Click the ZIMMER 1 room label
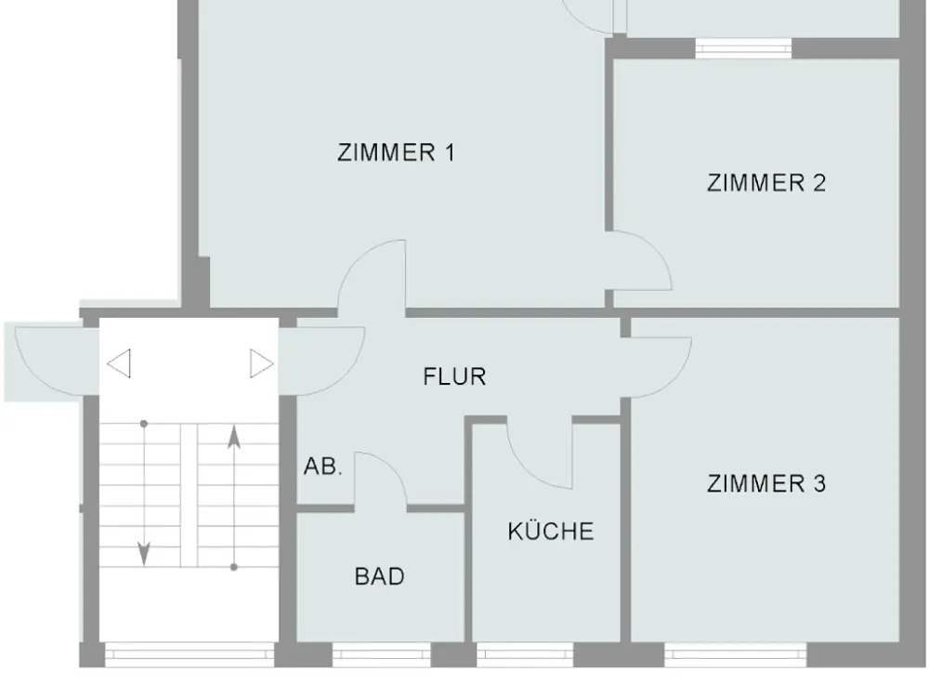tap(397, 153)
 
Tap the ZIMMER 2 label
tap(766, 182)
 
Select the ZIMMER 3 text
tap(766, 483)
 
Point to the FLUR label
tap(454, 377)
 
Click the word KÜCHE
tap(550, 531)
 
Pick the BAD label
tap(379, 576)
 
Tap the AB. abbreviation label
tap(323, 467)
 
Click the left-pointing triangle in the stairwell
tap(119, 363)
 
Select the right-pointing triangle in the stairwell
tap(262, 363)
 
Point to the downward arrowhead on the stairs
tap(143, 554)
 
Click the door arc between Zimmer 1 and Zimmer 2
tap(657, 251)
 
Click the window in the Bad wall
tap(382, 654)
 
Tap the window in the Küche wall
tap(525, 654)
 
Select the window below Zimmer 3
tap(735, 654)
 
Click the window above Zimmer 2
tap(743, 48)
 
